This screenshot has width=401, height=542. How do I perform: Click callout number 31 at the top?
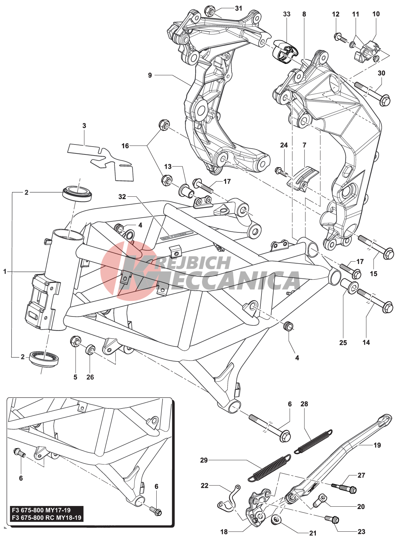coord(238,8)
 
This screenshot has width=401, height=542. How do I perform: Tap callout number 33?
coord(287,14)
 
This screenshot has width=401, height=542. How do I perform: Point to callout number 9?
coord(150,75)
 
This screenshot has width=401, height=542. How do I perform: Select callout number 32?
coord(122,197)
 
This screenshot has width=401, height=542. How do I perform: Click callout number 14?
coord(366,342)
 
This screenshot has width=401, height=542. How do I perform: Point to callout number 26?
coord(90,377)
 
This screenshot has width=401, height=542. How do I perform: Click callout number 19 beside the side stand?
coord(377,445)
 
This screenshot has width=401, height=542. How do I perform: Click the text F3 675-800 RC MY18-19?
coord(46,518)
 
